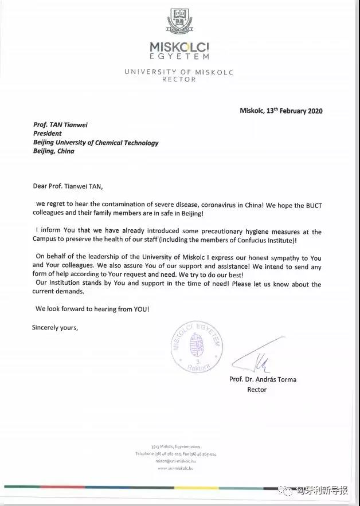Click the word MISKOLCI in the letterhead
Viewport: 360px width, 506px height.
[179, 46]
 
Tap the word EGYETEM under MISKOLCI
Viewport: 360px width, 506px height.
[179, 57]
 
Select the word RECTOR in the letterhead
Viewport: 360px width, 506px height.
[179, 80]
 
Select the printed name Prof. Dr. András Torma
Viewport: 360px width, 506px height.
[263, 379]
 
